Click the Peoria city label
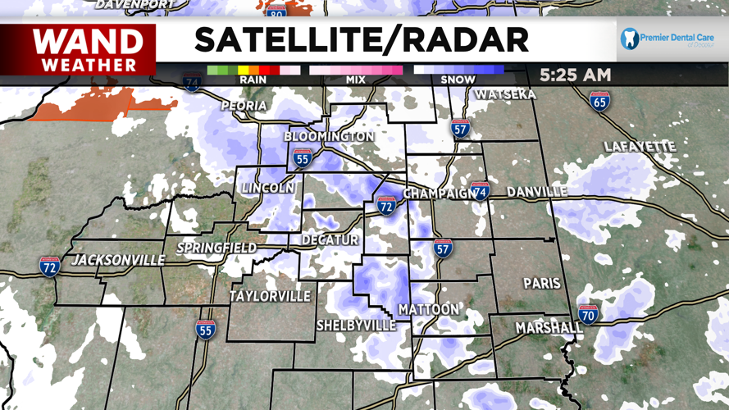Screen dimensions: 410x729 (244, 106)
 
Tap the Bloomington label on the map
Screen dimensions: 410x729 (329, 136)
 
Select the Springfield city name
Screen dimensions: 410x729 (217, 247)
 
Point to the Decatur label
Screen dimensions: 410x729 (330, 239)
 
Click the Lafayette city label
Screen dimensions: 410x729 (639, 147)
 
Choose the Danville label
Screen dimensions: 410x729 (537, 192)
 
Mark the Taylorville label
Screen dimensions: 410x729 (270, 295)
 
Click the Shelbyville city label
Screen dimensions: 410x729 (357, 326)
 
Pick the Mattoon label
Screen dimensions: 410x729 (429, 309)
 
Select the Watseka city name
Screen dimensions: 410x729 (505, 94)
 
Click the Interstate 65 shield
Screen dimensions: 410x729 (599, 102)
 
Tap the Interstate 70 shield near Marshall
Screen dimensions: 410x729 (588, 313)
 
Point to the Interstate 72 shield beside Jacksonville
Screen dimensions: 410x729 (50, 266)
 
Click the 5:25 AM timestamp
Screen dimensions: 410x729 (575, 75)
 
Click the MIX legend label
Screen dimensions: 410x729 (356, 80)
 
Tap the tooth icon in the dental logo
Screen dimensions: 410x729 (630, 38)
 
